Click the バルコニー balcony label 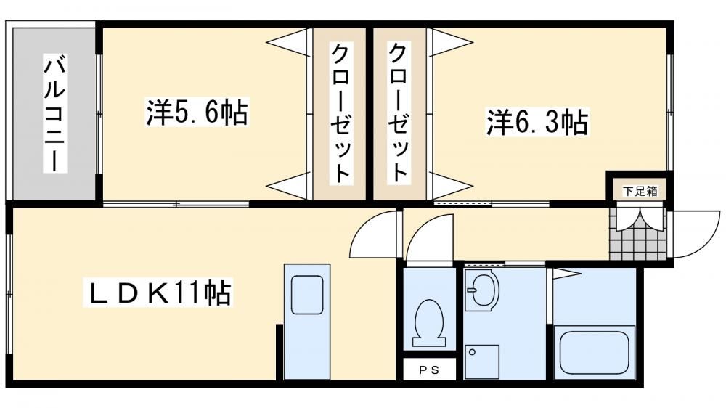54,113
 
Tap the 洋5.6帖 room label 197,112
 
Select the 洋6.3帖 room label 537,122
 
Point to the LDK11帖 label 158,292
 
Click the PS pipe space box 429,370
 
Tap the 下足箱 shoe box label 640,191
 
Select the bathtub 594,352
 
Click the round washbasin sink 481,291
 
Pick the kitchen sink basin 307,295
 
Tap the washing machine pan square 481,362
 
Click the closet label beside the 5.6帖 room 340,113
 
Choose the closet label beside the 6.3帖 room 399,113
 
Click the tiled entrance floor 638,234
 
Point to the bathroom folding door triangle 564,274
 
